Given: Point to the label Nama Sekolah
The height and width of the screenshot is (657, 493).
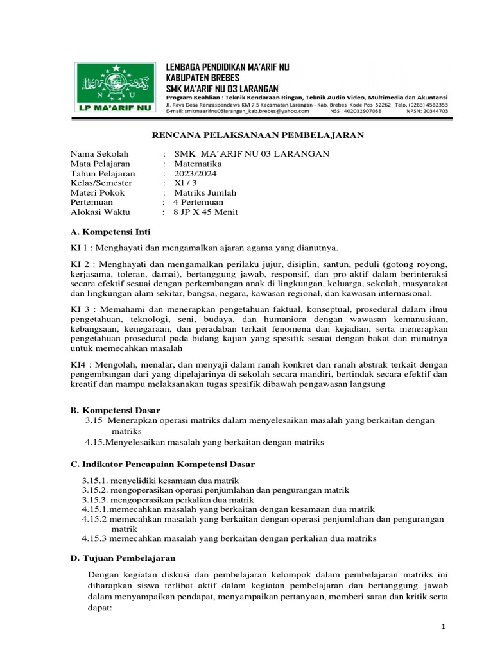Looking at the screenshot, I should pyautogui.click(x=99, y=154).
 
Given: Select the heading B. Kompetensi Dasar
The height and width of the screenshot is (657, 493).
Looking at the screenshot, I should pyautogui.click(x=116, y=409).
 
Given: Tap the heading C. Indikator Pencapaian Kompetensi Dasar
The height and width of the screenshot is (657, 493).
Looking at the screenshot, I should pyautogui.click(x=163, y=463).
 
